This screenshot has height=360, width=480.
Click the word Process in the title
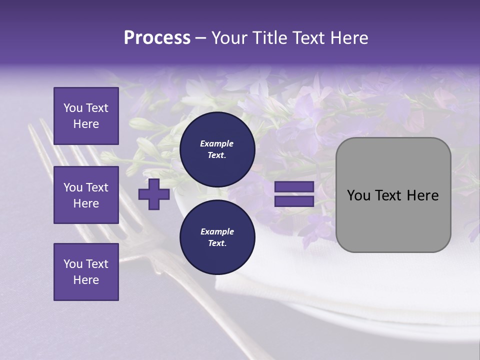pyautogui.click(x=157, y=38)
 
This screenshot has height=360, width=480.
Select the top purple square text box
pyautogui.click(x=86, y=116)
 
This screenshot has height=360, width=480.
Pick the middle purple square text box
pyautogui.click(x=86, y=195)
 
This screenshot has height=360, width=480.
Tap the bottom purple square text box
pyautogui.click(x=86, y=272)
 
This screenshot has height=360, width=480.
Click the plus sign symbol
pyautogui.click(x=154, y=194)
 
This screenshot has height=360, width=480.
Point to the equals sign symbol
pyautogui.click(x=294, y=194)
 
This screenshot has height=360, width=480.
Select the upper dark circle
pyautogui.click(x=217, y=149)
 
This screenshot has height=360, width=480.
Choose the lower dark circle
pyautogui.click(x=217, y=237)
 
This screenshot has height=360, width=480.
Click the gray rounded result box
pyautogui.click(x=393, y=195)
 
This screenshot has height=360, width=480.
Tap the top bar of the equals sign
pyautogui.click(x=294, y=187)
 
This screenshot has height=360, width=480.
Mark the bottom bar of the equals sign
pyautogui.click(x=294, y=201)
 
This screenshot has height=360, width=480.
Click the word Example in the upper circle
pyautogui.click(x=217, y=143)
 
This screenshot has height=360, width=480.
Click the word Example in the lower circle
pyautogui.click(x=217, y=231)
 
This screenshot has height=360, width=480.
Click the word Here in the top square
pyautogui.click(x=86, y=124)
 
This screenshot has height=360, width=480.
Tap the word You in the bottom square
pyautogui.click(x=72, y=264)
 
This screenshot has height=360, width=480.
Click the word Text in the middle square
pyautogui.click(x=97, y=187)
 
